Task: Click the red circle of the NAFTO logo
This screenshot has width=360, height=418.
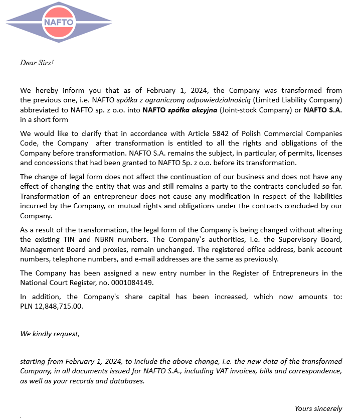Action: [x=59, y=22]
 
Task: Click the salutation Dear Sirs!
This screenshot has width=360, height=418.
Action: [x=37, y=63]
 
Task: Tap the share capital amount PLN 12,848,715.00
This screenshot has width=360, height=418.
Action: [x=52, y=306]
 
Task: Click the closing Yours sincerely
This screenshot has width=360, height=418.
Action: [x=318, y=408]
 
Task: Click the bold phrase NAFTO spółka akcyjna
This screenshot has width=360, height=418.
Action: [x=179, y=110]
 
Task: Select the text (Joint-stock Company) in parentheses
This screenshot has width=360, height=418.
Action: [x=252, y=110]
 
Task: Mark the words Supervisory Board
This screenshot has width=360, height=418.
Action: [x=314, y=240]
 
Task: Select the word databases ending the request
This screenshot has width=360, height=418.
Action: [x=127, y=381]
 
